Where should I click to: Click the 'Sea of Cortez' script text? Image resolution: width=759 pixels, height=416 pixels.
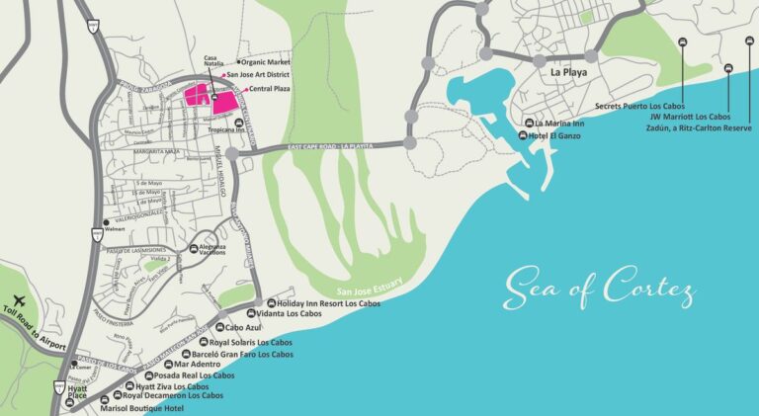599,287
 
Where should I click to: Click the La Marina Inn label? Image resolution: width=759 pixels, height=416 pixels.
559,124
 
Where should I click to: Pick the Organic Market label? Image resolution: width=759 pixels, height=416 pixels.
272,61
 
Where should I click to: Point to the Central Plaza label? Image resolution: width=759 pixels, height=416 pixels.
270,89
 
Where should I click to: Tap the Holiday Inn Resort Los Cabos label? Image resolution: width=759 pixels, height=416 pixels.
329,303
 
